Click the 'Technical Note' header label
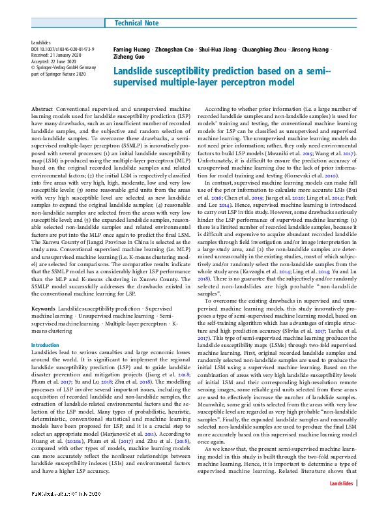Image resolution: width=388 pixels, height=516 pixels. pos(136,23)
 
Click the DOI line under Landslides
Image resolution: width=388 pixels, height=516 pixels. pos(63,49)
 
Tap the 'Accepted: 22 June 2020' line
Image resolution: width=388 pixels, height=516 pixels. pos(56,61)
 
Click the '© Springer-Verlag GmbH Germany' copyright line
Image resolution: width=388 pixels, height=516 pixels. pos(64,67)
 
